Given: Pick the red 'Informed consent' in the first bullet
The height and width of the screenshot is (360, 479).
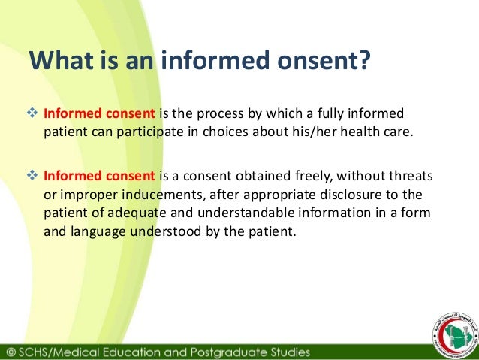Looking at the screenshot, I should point(99,114).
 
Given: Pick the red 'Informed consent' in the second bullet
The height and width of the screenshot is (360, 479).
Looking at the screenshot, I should point(99,177).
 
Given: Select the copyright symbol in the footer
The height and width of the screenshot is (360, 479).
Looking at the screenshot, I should point(10,351).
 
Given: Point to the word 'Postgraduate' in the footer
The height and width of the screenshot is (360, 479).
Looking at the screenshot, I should point(233,351).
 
